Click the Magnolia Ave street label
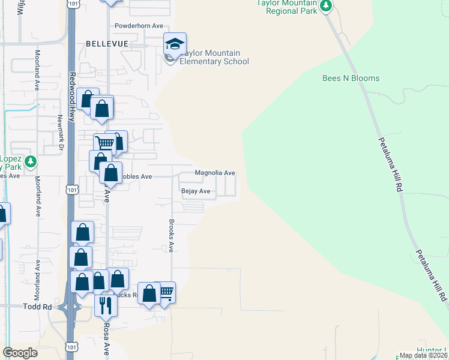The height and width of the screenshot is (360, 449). tap(214, 173)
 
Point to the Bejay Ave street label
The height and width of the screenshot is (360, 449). tap(196, 191)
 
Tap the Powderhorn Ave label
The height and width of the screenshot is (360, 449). tap(139, 26)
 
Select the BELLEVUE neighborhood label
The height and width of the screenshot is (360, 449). tap(107, 44)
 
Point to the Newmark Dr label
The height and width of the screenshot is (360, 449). tap(61, 133)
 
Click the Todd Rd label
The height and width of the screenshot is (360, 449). tap(39, 307)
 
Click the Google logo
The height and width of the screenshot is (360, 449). tap(20, 353)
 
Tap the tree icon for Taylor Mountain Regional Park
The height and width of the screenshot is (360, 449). tap(326, 6)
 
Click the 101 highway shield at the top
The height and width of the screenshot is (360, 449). tap(72, 4)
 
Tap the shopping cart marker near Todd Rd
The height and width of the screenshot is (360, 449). tap(166, 292)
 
